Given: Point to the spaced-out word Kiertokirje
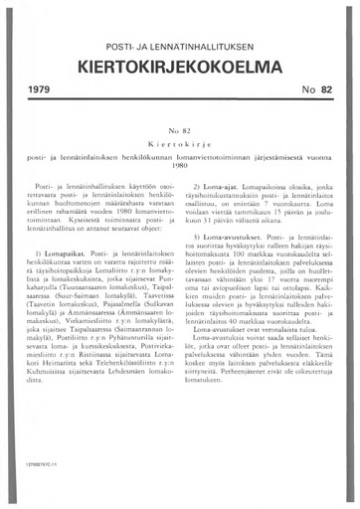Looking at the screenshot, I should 180,143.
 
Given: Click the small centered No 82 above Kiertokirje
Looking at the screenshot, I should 180,130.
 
